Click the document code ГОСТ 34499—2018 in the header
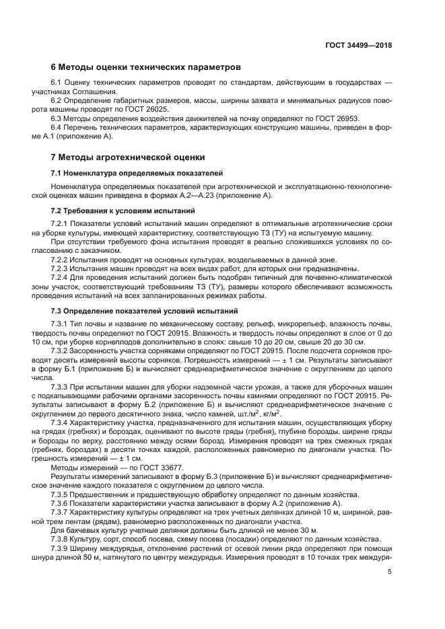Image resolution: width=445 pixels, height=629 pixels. tap(357, 46)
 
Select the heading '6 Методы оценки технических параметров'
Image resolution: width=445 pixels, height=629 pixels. tap(145, 68)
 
